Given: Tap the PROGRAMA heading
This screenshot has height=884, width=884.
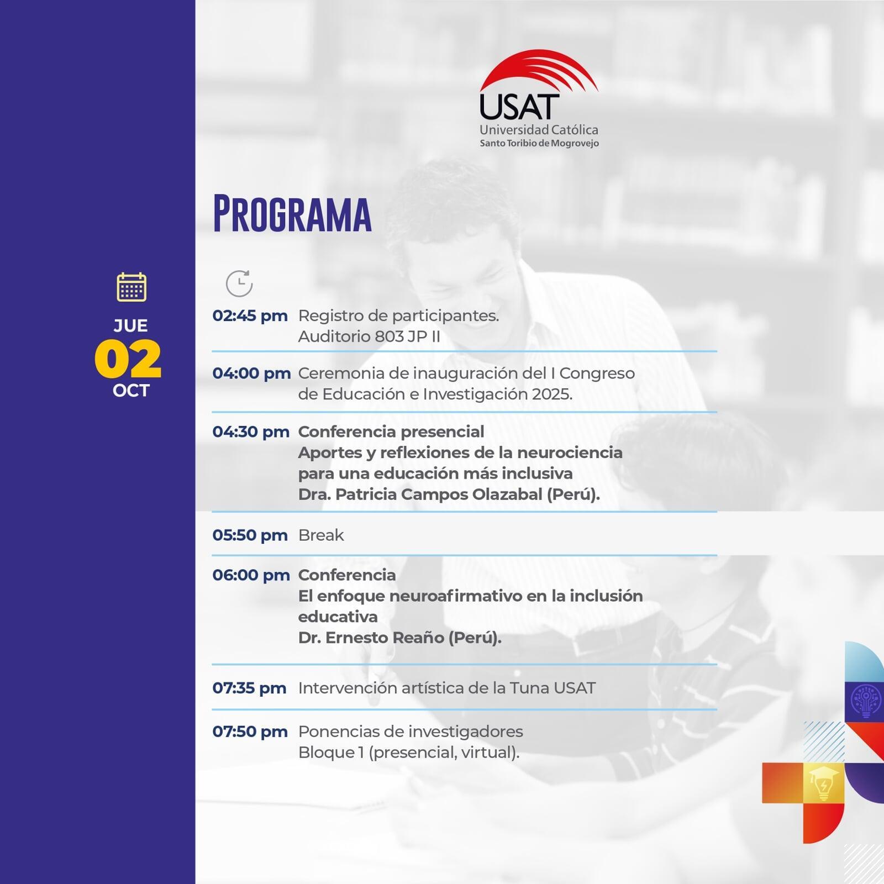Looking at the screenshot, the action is (292, 214).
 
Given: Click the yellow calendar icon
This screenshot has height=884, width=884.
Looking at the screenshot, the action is (131, 287).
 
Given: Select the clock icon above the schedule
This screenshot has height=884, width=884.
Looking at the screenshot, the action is (239, 283).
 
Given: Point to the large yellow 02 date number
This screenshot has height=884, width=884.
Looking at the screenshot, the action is (128, 359).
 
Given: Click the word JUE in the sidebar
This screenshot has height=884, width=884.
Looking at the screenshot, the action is (131, 325).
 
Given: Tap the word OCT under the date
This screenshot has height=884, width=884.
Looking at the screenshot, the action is (131, 391).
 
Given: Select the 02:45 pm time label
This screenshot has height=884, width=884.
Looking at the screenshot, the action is (250, 315).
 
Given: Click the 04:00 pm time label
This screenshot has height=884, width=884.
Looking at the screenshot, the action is (251, 373).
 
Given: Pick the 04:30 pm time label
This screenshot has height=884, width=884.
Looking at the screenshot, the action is (251, 432).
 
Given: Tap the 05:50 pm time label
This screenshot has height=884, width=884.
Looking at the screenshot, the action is (250, 535).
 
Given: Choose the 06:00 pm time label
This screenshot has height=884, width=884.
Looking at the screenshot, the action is (251, 575).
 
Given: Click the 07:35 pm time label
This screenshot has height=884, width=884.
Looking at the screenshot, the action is (249, 688).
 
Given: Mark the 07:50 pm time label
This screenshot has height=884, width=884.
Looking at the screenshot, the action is (250, 732).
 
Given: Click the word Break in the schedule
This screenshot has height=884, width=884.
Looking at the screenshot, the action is (321, 535).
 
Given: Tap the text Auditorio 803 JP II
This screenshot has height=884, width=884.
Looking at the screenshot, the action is (369, 336).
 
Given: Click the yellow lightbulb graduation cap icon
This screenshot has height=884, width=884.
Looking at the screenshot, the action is (823, 783).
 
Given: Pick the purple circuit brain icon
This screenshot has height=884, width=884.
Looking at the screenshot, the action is (866, 701).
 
